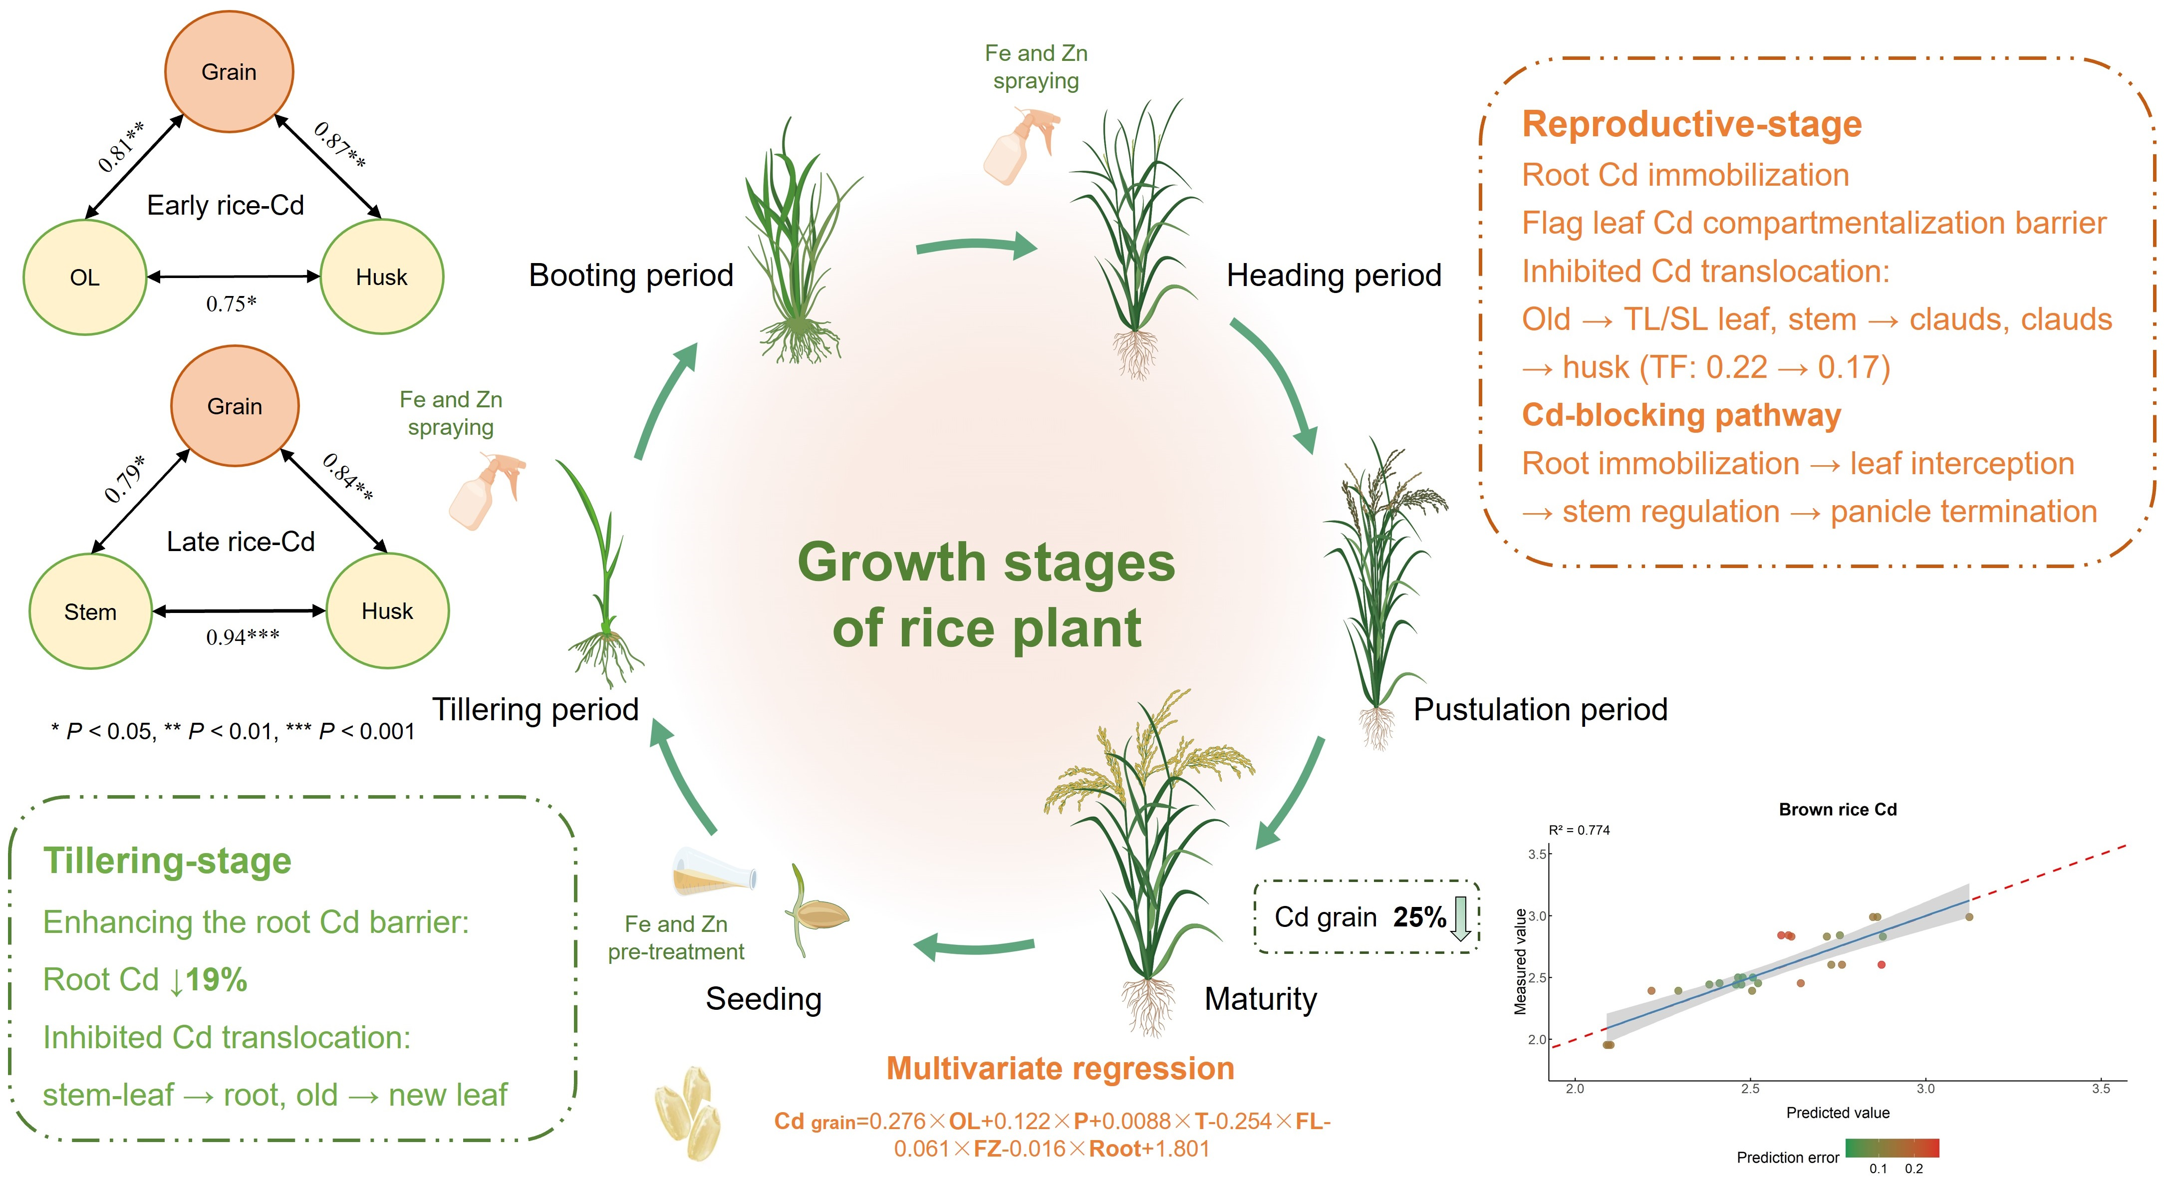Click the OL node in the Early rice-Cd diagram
point(84,277)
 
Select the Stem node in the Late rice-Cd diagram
point(90,611)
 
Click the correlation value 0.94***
point(243,637)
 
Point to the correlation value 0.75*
point(231,303)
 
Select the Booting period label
point(631,276)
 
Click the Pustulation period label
point(1540,709)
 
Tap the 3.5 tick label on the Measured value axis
point(1537,854)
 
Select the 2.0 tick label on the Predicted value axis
point(1575,1088)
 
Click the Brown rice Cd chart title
point(1837,810)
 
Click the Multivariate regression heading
point(1060,1068)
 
